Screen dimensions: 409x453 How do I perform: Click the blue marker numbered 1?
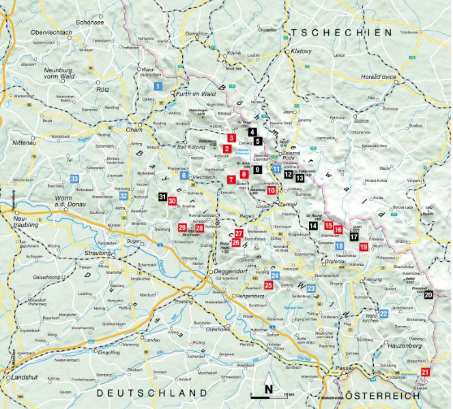click(x=158, y=87)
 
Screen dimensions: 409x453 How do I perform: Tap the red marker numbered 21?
click(x=426, y=372)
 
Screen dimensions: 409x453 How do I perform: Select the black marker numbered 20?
click(x=428, y=294)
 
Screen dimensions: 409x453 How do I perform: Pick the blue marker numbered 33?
click(x=74, y=179)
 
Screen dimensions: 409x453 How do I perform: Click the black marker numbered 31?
click(x=162, y=197)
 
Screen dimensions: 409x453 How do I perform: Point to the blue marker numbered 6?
click(x=184, y=175)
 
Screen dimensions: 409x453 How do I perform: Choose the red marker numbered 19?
click(x=364, y=247)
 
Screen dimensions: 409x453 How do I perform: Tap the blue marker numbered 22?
click(x=384, y=314)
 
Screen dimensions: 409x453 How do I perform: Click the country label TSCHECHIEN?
click(x=339, y=33)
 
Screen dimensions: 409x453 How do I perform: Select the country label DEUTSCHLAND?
click(x=151, y=394)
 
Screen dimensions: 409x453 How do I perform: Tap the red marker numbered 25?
click(x=269, y=285)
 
